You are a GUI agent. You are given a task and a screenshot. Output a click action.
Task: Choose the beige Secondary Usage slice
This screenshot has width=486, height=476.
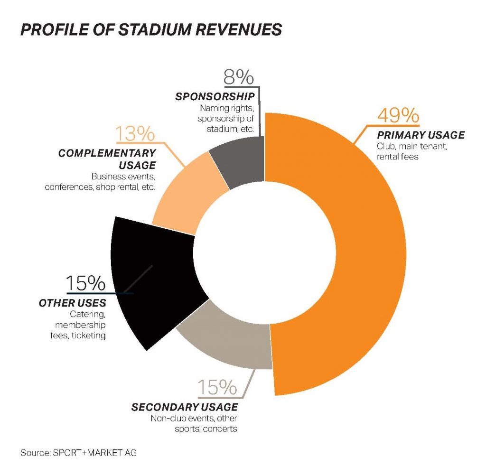point(228,342)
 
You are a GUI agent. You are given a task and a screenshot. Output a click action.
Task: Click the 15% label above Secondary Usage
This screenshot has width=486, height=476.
point(217,388)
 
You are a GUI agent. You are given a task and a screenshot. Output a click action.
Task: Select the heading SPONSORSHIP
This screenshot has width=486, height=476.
point(215,97)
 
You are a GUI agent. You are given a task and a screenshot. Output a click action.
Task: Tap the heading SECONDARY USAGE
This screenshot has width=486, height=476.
point(185,407)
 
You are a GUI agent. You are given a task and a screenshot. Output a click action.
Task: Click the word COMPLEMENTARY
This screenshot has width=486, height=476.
point(107,153)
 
